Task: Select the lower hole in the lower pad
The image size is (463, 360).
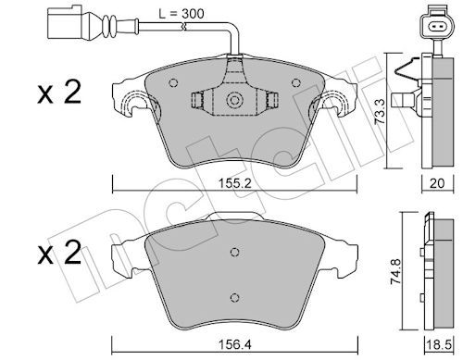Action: pos(235,295)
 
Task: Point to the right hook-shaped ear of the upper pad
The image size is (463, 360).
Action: pos(335,109)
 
